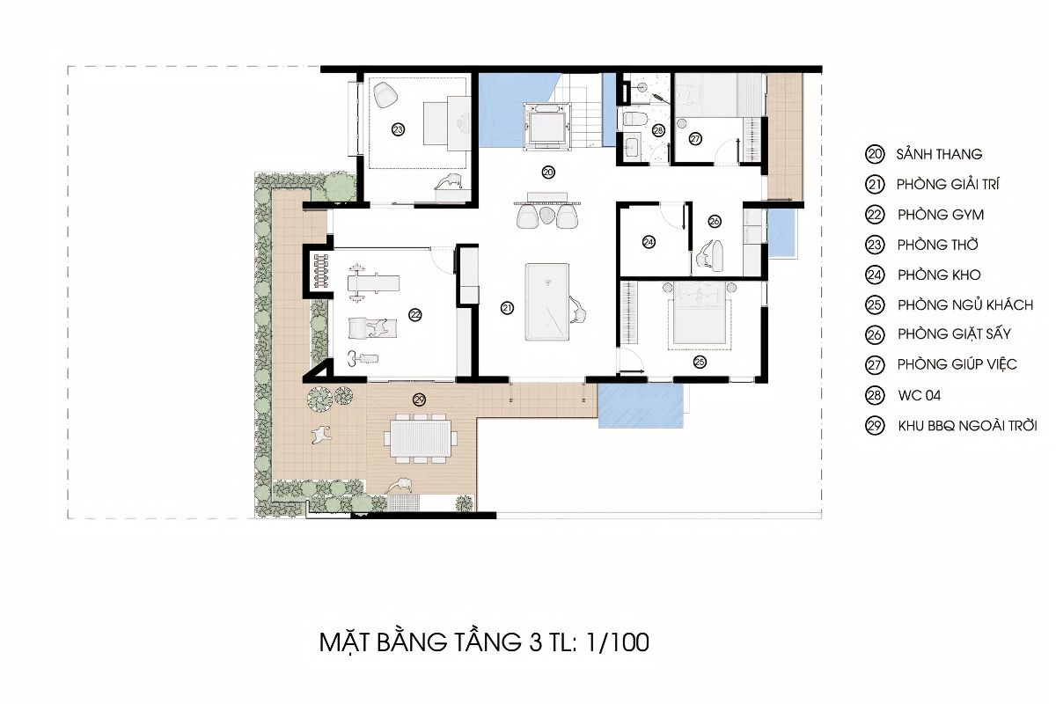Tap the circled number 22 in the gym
414,314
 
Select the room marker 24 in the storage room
649,241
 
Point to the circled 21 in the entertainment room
507,307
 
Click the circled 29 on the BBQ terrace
419,400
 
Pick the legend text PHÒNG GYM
941,215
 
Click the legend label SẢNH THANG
939,154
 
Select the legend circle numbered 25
874,305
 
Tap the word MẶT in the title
346,642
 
